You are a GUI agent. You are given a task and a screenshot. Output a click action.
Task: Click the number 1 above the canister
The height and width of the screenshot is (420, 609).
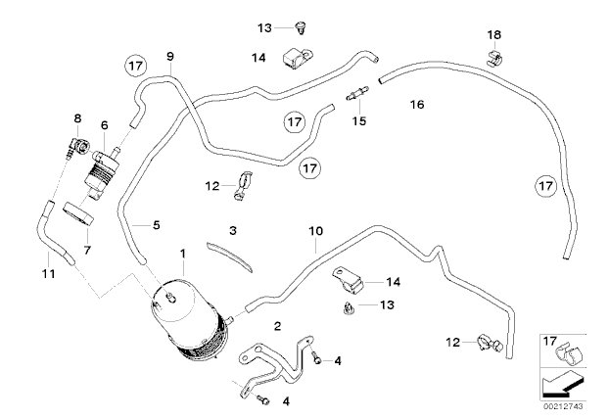pos(183,254)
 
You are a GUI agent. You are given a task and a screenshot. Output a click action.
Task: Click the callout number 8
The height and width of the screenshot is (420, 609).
pos(77,119)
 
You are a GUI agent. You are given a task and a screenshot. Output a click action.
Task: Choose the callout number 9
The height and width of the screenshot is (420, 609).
pos(170,56)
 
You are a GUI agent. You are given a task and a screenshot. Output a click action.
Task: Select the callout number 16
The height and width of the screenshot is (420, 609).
pos(418,103)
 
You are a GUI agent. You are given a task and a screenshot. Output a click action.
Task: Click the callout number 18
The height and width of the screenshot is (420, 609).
pos(494,36)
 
